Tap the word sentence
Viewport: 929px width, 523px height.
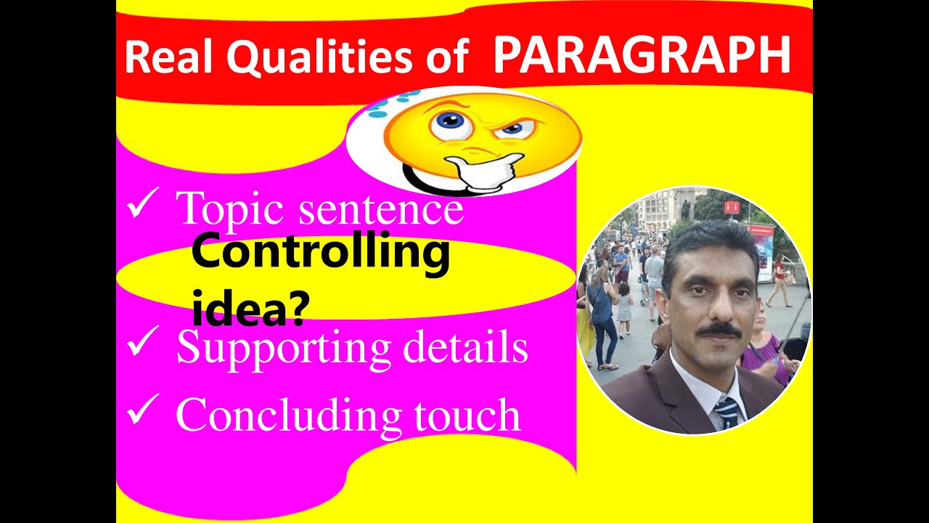[x=382, y=211]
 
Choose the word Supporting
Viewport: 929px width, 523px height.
[x=284, y=349]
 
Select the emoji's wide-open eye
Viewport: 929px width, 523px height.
[x=448, y=124]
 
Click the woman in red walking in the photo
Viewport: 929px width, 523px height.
[x=779, y=280]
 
